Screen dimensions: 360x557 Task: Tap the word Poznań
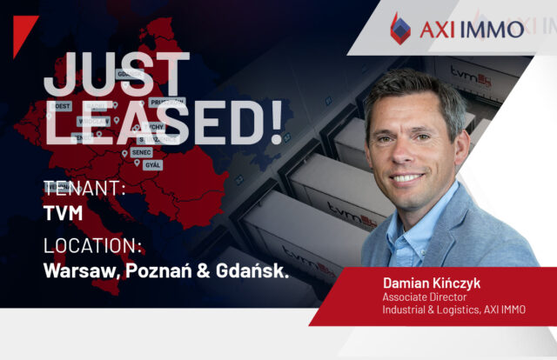(x=163, y=270)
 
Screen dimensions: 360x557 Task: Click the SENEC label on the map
(x=141, y=152)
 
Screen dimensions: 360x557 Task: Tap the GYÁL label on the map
(x=152, y=164)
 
